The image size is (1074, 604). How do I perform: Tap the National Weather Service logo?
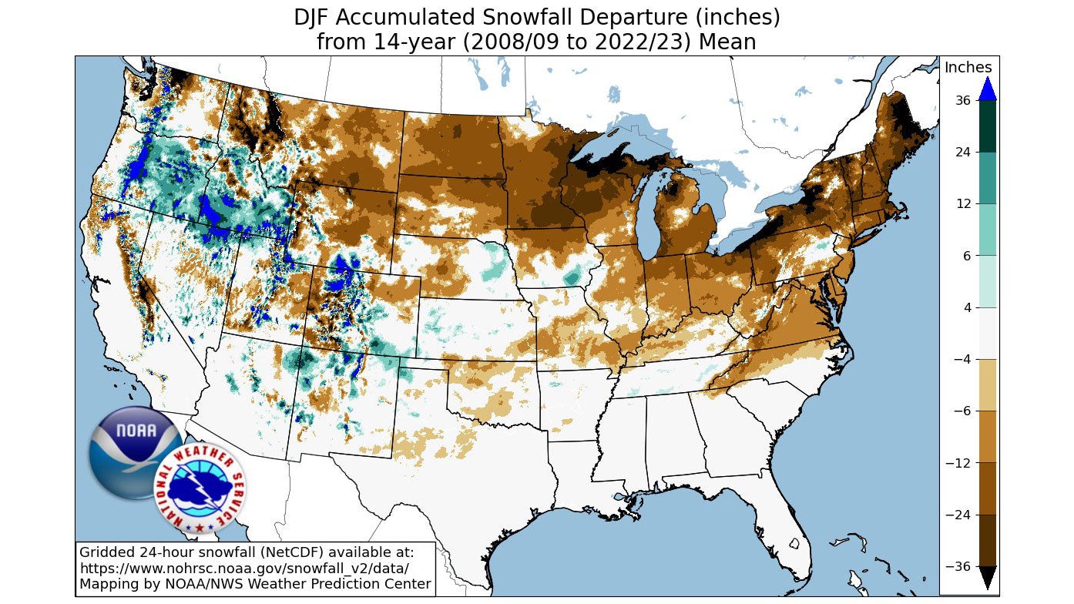[x=200, y=489]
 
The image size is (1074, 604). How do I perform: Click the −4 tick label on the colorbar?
[x=961, y=359]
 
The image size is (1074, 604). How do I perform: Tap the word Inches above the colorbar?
[x=968, y=68]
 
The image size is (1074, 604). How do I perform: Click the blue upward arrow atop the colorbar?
[x=987, y=89]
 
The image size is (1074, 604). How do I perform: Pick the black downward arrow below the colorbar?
[x=987, y=577]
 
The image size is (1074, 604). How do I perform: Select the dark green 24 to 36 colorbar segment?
[x=987, y=126]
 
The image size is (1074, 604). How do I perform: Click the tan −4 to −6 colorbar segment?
[x=987, y=385]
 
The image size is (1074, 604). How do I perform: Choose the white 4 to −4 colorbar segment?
[x=987, y=334]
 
